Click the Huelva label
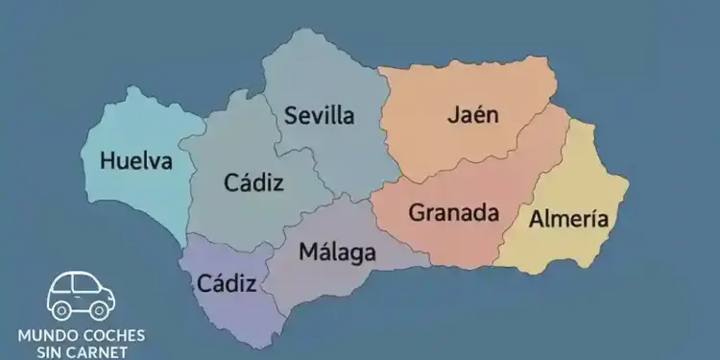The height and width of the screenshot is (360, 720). click(x=136, y=160)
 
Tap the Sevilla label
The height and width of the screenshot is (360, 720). click(x=320, y=116)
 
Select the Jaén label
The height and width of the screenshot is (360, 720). click(x=473, y=115)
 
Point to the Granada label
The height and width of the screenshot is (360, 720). click(x=454, y=212)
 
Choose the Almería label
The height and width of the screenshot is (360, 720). click(x=568, y=219)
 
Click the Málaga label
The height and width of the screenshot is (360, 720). click(x=337, y=253)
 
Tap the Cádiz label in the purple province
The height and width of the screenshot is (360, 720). click(x=227, y=283)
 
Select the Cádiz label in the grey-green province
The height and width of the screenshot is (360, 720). click(x=253, y=181)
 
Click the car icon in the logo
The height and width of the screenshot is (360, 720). click(x=82, y=295)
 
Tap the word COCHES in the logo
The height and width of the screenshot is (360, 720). click(x=113, y=336)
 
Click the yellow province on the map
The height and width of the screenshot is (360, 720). click(x=576, y=182)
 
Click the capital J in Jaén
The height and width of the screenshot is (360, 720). click(x=452, y=115)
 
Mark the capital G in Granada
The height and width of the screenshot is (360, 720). click(x=417, y=212)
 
